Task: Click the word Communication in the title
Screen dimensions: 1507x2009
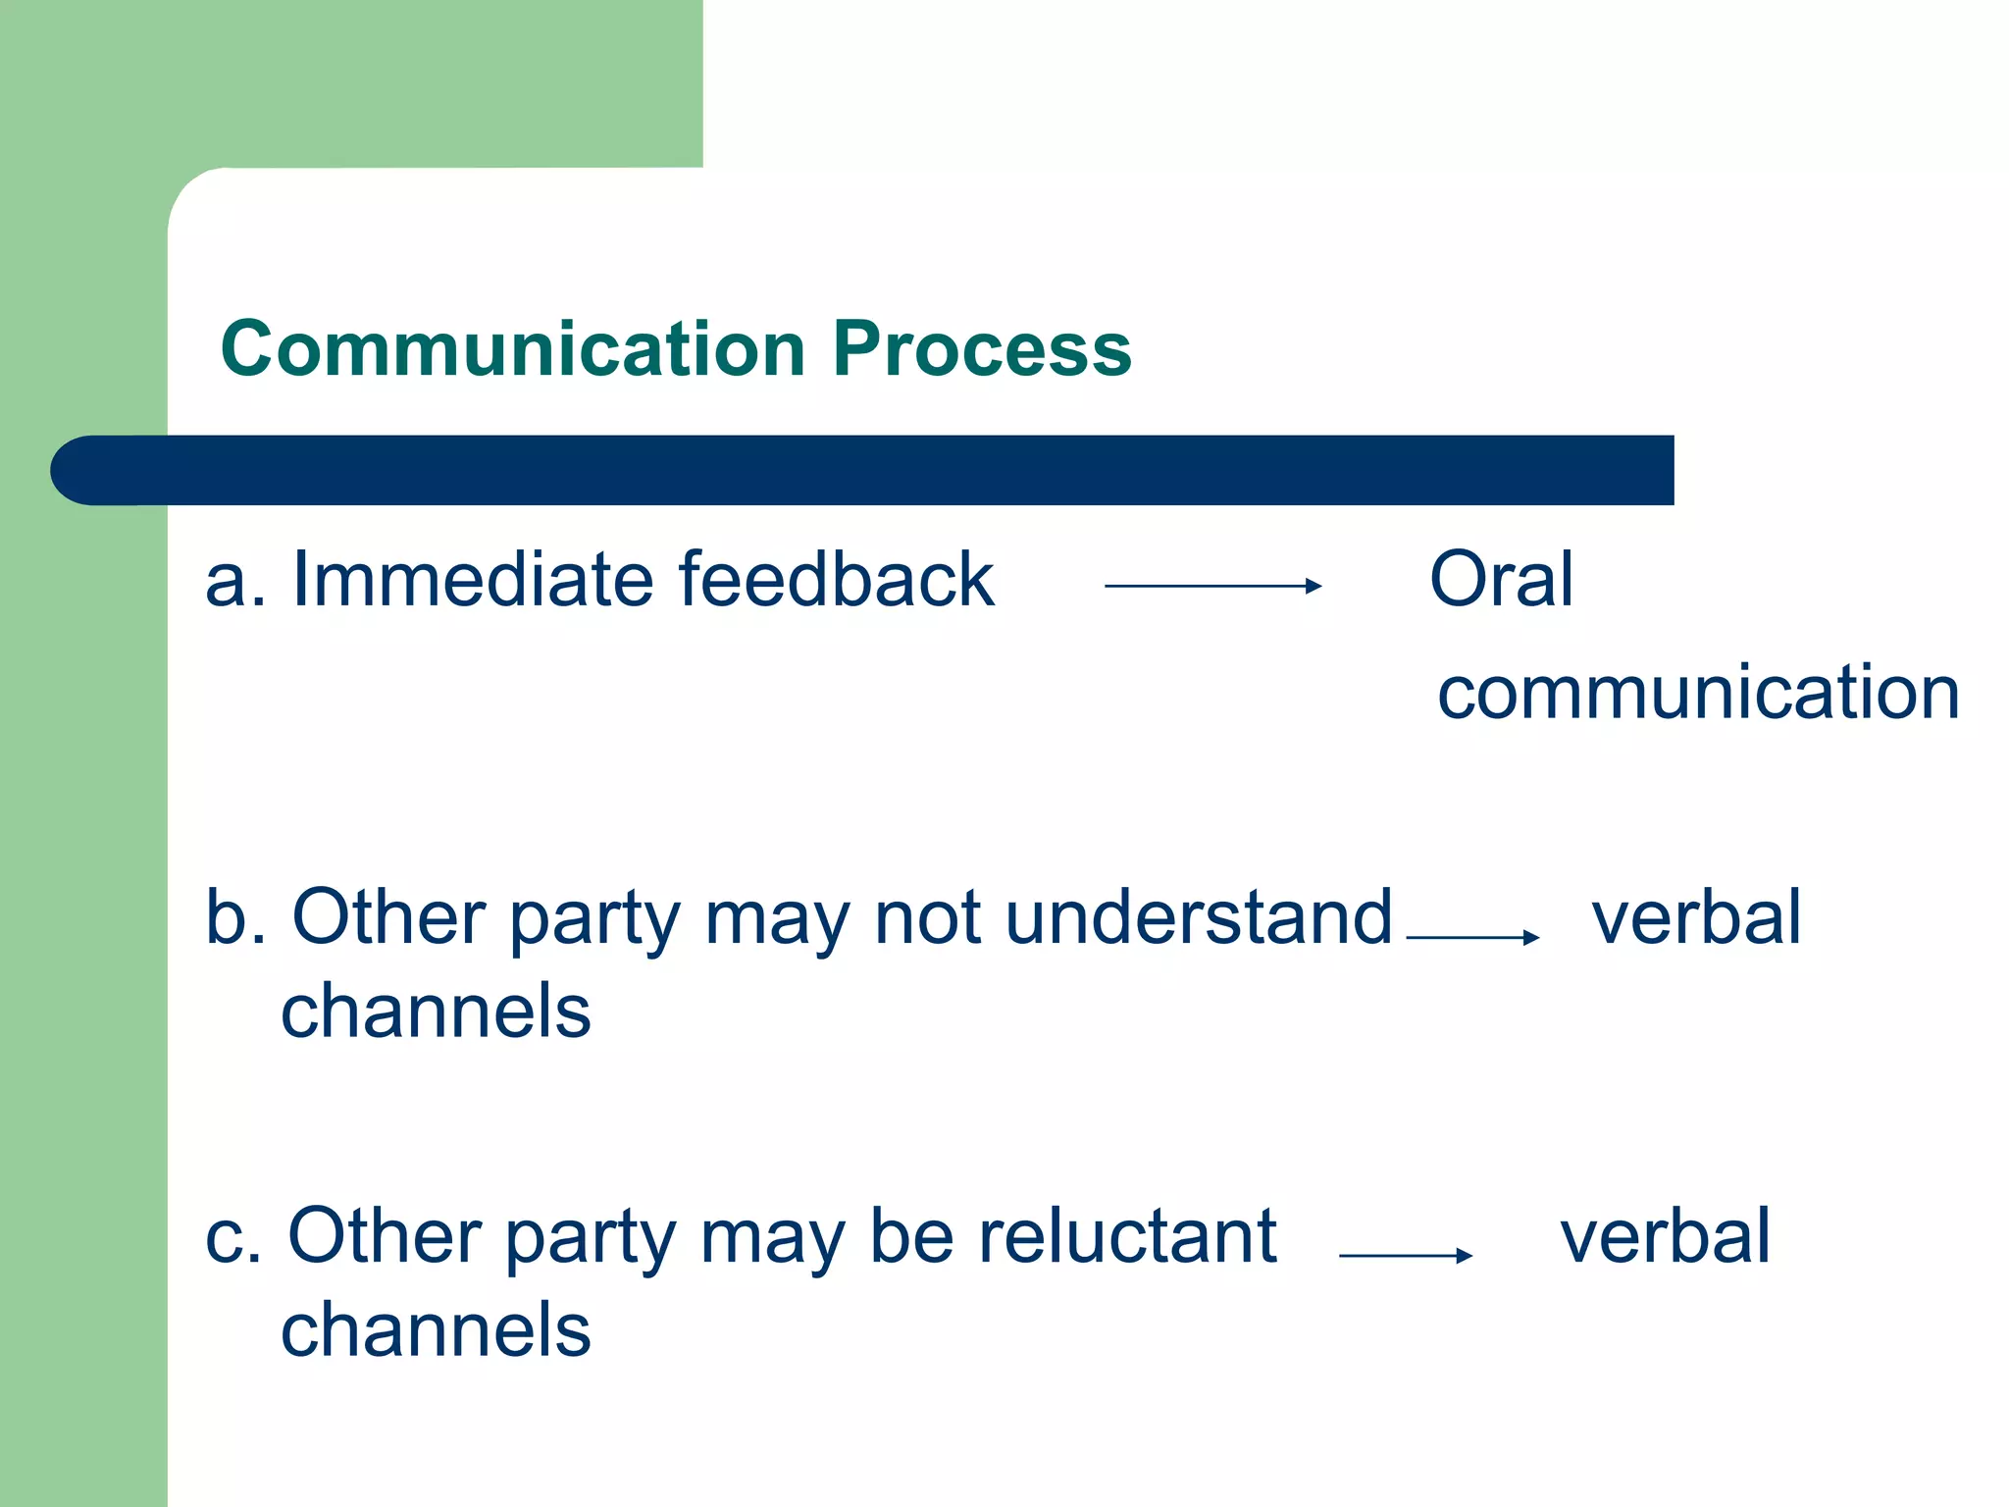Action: pos(513,349)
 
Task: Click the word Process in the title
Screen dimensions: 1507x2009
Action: pos(982,349)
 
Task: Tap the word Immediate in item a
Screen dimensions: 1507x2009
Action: pos(474,580)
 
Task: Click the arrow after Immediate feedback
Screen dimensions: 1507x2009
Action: pos(1212,586)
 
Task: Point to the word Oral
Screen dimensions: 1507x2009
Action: pos(1501,580)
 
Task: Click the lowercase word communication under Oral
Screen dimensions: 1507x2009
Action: pos(1698,693)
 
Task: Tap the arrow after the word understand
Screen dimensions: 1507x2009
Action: pos(1471,937)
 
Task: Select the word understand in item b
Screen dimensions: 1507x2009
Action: pos(1199,917)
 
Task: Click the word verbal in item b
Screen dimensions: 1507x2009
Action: pos(1696,917)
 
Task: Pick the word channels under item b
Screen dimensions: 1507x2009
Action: pos(436,1012)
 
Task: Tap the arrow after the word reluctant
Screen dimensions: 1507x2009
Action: pos(1405,1255)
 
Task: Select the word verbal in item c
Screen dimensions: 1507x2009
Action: pos(1665,1236)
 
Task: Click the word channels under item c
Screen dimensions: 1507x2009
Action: pos(436,1330)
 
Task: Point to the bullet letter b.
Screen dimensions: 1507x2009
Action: pos(228,917)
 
